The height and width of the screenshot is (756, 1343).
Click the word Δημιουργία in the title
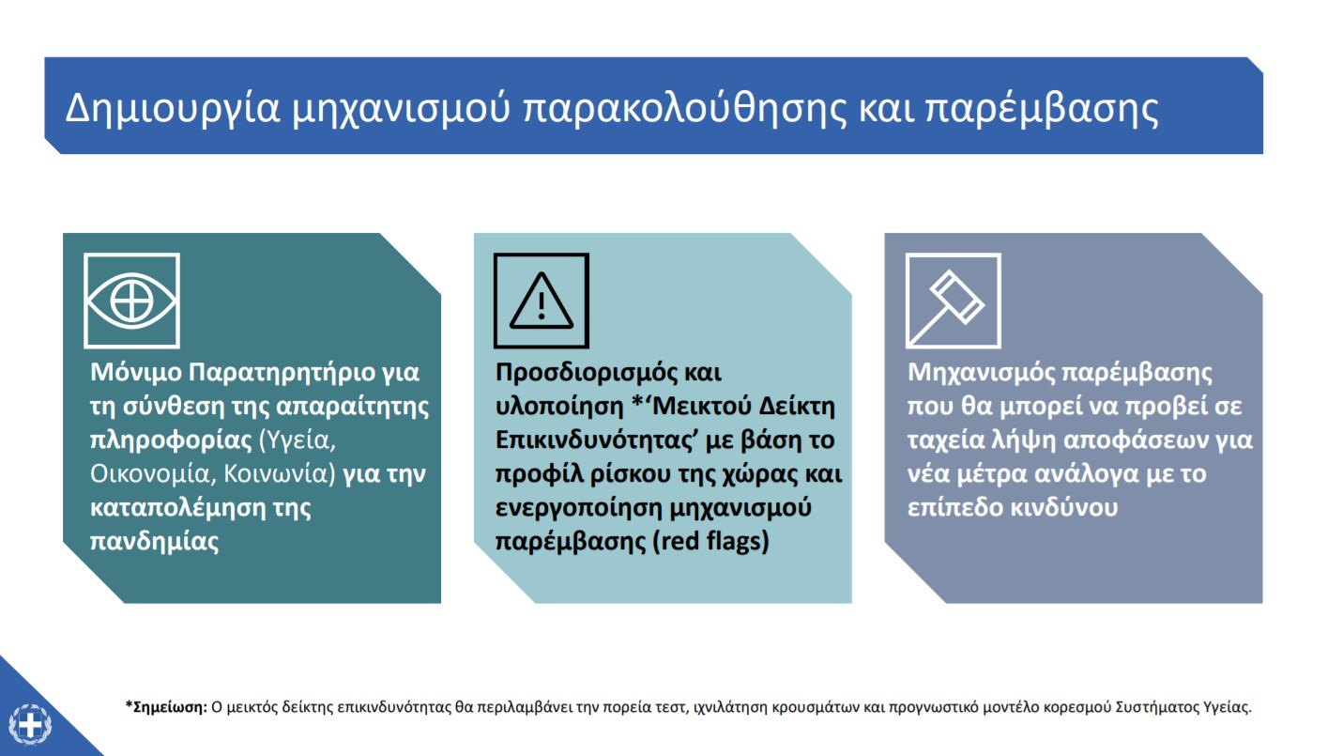pos(173,109)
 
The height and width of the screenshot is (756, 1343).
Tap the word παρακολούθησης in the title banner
pos(684,109)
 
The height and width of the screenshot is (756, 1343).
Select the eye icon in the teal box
pos(132,301)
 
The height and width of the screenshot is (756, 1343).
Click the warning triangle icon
pos(542,301)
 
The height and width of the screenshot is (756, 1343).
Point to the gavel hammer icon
pos(954,301)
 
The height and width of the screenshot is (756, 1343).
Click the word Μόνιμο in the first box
pos(135,373)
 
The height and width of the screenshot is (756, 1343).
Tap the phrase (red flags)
pos(710,541)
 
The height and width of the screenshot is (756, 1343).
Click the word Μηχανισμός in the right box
pos(981,373)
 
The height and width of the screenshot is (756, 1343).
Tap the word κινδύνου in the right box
pos(1064,508)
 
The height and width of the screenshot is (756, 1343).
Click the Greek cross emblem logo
pos(30,724)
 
